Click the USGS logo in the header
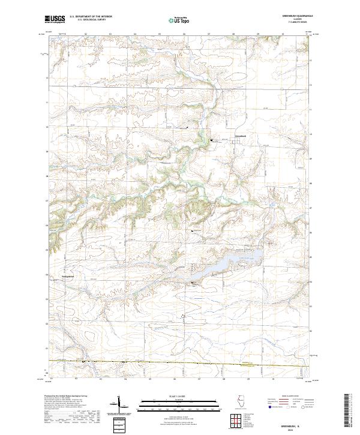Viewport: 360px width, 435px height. [55, 19]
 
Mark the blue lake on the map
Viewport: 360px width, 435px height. [225, 265]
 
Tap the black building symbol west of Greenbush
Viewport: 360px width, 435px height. [211, 140]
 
